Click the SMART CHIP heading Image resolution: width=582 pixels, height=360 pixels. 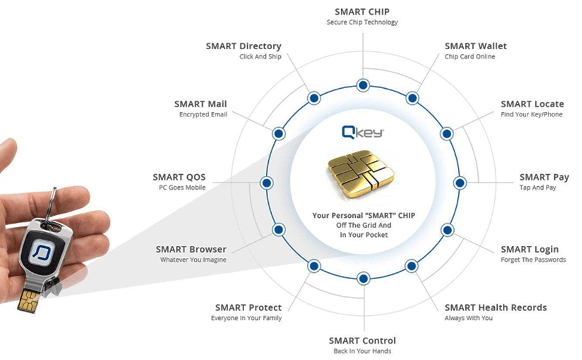pos(362,11)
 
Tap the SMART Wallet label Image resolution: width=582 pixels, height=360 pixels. pos(475,46)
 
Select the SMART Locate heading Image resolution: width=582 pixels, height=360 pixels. pos(532,104)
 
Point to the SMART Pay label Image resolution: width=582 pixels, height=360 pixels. pos(544,177)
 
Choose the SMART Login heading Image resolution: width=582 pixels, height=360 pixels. pos(529,249)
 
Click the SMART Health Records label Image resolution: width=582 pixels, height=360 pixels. pos(495,307)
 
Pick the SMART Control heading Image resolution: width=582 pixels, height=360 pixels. pos(362,341)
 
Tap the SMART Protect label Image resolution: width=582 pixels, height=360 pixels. pos(248,307)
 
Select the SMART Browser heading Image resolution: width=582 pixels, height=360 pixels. pos(191,249)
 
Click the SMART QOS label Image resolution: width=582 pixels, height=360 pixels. pos(179,177)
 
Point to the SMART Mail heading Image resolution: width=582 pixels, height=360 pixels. pos(200,104)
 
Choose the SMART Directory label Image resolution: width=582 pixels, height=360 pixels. pos(243,46)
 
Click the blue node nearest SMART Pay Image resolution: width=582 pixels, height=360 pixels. pos(460,182)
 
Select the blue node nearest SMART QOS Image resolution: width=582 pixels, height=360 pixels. pos(266,182)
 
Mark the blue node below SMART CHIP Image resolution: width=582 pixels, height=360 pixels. pos(362,85)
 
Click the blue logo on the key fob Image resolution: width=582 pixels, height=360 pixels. pos(43,251)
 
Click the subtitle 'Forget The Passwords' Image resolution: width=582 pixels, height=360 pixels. pos(533,260)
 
